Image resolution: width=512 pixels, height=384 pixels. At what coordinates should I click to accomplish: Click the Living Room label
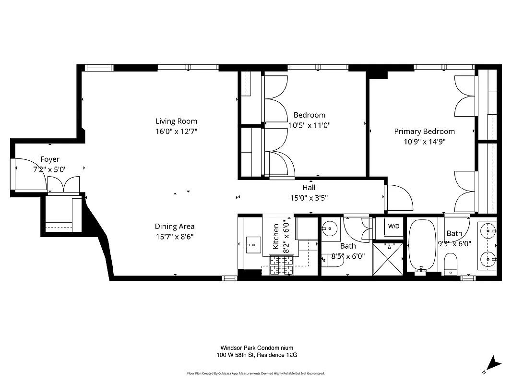(176, 121)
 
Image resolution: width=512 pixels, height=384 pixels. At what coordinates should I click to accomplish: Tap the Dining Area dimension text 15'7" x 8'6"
(174, 236)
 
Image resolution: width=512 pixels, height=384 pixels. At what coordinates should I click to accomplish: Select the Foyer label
(50, 159)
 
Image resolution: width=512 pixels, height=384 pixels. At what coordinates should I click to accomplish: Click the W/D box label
(393, 226)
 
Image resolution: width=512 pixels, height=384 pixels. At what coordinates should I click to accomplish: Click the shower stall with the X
(388, 260)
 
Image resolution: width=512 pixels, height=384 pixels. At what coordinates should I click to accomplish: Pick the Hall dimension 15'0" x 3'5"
(309, 197)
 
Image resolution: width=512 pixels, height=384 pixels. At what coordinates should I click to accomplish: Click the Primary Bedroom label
(424, 132)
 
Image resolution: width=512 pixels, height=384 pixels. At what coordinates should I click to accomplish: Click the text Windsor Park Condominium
(257, 348)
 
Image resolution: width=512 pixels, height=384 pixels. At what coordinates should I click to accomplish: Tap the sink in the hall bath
(330, 228)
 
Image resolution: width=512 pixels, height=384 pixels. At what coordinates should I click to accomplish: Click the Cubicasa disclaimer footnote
(256, 373)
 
